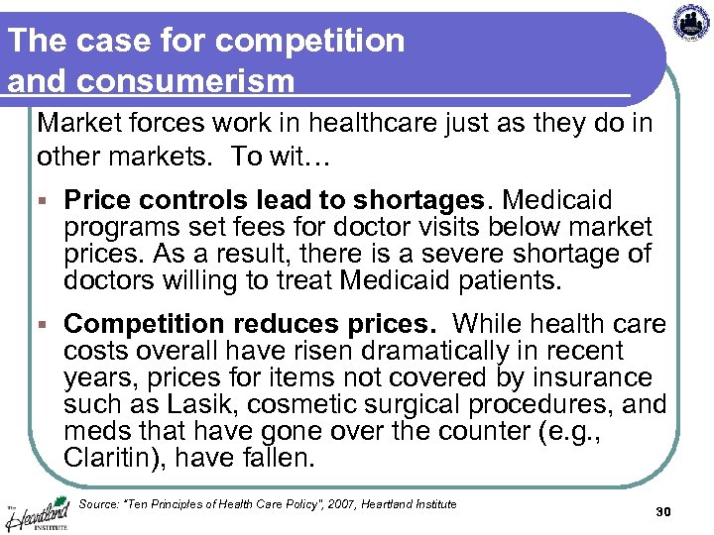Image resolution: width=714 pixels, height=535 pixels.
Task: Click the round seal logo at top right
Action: click(x=691, y=22)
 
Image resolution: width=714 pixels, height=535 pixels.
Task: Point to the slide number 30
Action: click(x=663, y=511)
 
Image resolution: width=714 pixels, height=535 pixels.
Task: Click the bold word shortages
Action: click(x=447, y=200)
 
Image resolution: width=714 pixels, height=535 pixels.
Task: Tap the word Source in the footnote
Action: click(x=98, y=504)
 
